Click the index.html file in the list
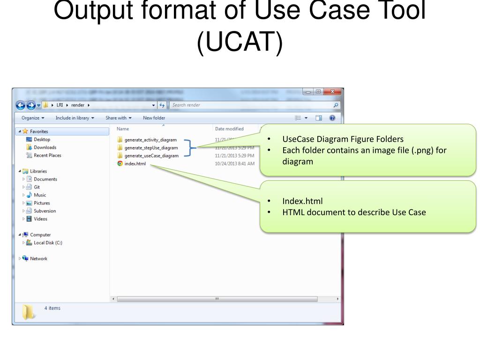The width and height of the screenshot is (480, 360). pos(135,164)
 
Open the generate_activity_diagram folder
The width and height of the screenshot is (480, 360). pos(150,140)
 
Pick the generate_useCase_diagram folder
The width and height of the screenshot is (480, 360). pos(151,156)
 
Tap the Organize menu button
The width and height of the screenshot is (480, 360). pos(33,118)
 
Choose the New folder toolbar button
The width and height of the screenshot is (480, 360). pos(154,118)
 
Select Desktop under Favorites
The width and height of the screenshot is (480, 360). pos(42,140)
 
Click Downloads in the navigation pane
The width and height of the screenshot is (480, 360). pos(45,148)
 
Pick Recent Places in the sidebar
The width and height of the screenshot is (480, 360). pos(47,156)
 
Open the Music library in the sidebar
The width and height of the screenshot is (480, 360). pos(40,195)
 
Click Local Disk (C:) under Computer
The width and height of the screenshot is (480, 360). pos(48,243)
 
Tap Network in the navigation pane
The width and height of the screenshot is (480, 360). pos(38,259)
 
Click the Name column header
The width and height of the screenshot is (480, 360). pos(123,129)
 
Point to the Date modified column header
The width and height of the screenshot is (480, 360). pos(229,129)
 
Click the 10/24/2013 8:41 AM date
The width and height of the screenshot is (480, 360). pos(234,164)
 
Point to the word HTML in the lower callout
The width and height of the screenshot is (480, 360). pos(292,212)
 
